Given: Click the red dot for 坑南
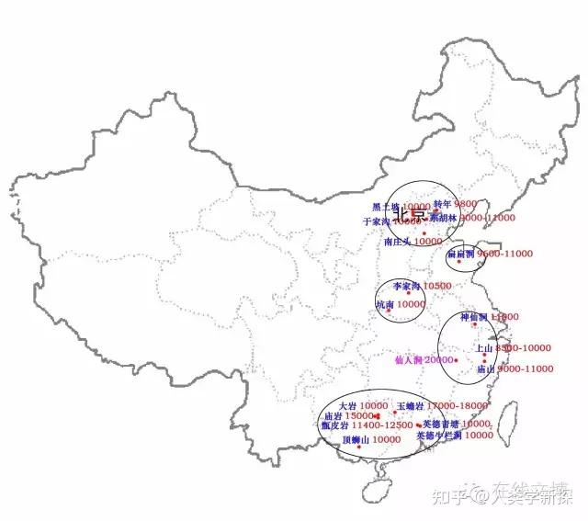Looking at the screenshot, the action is (x=390, y=311).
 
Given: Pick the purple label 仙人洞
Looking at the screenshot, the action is (x=408, y=359).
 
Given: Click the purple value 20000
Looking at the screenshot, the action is (x=439, y=359).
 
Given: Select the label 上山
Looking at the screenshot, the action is (x=483, y=348).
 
